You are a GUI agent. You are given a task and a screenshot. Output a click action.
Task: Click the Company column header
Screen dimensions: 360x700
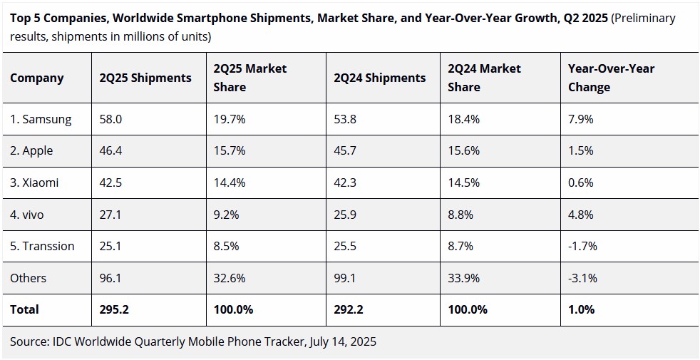[x=36, y=78]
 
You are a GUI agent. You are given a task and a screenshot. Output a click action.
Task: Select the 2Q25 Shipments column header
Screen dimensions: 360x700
[x=145, y=78]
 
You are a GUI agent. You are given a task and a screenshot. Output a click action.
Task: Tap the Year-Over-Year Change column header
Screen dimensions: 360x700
[x=611, y=78]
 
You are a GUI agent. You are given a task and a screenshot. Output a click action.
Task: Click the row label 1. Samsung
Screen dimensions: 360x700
[x=41, y=119]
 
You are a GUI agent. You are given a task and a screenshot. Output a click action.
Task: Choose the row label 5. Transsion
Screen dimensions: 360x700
[x=42, y=246]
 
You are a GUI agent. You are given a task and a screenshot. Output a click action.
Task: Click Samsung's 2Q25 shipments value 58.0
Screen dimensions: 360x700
[x=111, y=119]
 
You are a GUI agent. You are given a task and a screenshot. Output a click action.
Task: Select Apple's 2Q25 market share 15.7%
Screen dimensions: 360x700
[x=230, y=151]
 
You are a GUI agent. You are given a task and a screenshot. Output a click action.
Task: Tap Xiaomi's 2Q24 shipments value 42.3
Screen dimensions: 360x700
[x=346, y=182]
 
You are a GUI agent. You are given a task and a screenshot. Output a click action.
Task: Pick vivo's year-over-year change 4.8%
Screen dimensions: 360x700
[x=580, y=215]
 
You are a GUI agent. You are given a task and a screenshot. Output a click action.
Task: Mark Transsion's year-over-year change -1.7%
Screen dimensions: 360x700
[x=582, y=246]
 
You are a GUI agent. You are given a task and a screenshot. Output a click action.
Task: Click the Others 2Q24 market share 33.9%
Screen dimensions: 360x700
[x=463, y=278]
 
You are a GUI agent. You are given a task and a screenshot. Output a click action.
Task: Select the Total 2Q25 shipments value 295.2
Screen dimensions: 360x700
[x=115, y=309]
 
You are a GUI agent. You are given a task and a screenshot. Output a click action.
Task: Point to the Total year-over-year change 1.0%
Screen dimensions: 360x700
[x=581, y=309]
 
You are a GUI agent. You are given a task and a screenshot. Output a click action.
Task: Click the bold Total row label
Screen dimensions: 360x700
[x=24, y=309]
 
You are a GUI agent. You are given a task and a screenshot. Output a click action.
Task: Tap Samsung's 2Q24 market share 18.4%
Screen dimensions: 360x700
[x=463, y=119]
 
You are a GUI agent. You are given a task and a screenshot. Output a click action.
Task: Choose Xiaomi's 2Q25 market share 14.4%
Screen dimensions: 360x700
[x=230, y=182]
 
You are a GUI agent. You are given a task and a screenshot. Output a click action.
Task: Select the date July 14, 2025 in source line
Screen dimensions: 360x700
[x=342, y=341]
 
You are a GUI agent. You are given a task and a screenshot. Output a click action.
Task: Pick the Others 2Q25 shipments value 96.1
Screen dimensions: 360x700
[x=111, y=278]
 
